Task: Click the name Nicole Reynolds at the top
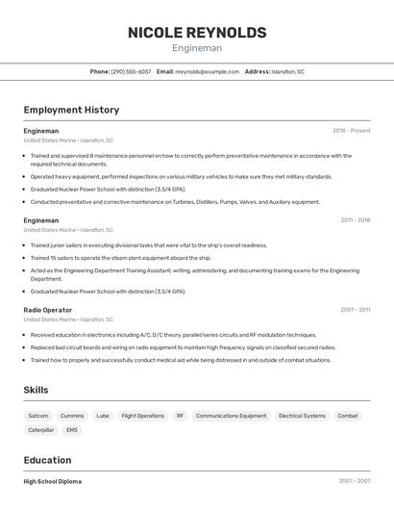pyautogui.click(x=197, y=33)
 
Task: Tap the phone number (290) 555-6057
pyautogui.click(x=131, y=71)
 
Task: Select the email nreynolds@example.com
pyautogui.click(x=207, y=71)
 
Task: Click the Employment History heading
pyautogui.click(x=71, y=110)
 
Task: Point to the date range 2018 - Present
pyautogui.click(x=352, y=131)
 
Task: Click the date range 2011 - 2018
pyautogui.click(x=355, y=220)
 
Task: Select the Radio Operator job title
pyautogui.click(x=48, y=310)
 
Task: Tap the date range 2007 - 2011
pyautogui.click(x=355, y=310)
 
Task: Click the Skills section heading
pyautogui.click(x=36, y=390)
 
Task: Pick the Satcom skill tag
pyautogui.click(x=38, y=416)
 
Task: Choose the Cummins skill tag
pyautogui.click(x=72, y=416)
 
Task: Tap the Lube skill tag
pyautogui.click(x=103, y=416)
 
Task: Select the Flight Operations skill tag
pyautogui.click(x=143, y=416)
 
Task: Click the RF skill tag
pyautogui.click(x=180, y=416)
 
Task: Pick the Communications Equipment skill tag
pyautogui.click(x=231, y=416)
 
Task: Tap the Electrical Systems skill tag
pyautogui.click(x=302, y=416)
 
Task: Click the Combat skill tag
pyautogui.click(x=348, y=416)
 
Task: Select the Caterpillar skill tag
pyautogui.click(x=41, y=430)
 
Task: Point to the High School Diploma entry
pyautogui.click(x=53, y=481)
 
